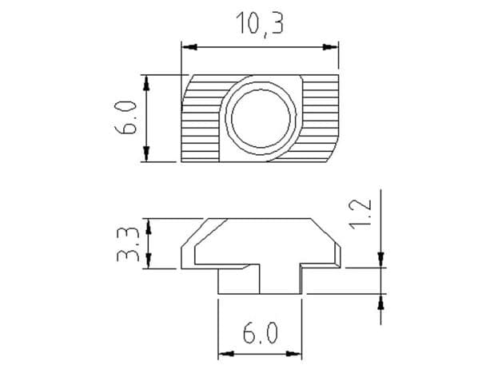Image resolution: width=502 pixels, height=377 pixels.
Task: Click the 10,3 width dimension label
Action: [260, 24]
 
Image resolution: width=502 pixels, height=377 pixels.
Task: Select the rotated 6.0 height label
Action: [125, 117]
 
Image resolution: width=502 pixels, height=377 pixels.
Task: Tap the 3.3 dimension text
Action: [128, 244]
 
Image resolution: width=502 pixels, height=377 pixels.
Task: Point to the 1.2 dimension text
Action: [361, 214]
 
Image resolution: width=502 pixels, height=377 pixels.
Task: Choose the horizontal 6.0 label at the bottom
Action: [260, 333]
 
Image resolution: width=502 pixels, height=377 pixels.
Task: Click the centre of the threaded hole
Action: [261, 118]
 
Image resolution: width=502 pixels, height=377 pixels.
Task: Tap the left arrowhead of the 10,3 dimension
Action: [189, 47]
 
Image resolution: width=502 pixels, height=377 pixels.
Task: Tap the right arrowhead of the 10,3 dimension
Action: [330, 47]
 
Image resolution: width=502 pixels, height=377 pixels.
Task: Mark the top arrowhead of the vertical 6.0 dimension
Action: [146, 83]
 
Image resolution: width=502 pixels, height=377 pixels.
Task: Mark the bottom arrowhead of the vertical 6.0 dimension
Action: [146, 154]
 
